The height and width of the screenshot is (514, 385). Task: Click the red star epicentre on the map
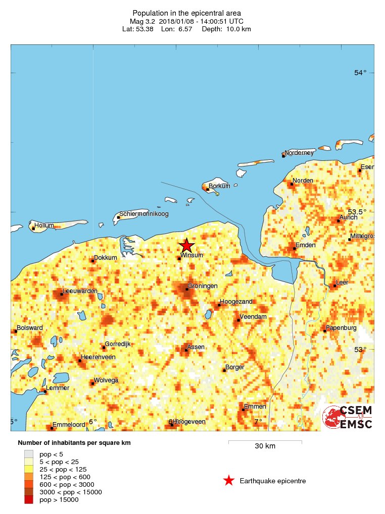(186, 246)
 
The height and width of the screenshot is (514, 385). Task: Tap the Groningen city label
(203, 286)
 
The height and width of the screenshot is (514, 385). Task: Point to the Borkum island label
(219, 186)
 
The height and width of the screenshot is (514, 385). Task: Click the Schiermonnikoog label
(143, 214)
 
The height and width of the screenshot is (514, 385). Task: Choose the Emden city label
(305, 245)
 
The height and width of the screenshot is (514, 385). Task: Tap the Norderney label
(299, 152)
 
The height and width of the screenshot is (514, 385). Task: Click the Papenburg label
(341, 328)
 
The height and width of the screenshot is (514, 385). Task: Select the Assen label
(196, 347)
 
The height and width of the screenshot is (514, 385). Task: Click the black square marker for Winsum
(179, 259)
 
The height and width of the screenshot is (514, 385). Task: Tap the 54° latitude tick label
(360, 73)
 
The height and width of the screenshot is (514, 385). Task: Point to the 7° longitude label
(258, 422)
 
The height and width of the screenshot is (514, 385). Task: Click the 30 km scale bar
(265, 442)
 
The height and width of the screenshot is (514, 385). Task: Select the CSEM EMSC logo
(348, 417)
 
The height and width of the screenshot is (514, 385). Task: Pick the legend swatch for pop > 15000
(29, 499)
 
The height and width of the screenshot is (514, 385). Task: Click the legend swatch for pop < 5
(29, 454)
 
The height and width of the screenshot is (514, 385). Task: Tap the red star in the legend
(229, 481)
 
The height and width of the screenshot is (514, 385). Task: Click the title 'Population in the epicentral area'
(186, 13)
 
